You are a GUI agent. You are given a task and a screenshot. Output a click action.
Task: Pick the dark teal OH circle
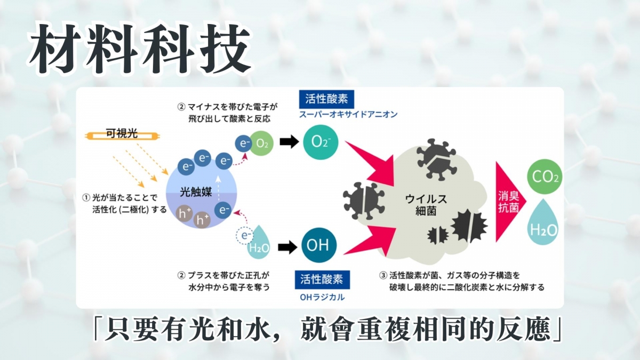coord(320,245)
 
